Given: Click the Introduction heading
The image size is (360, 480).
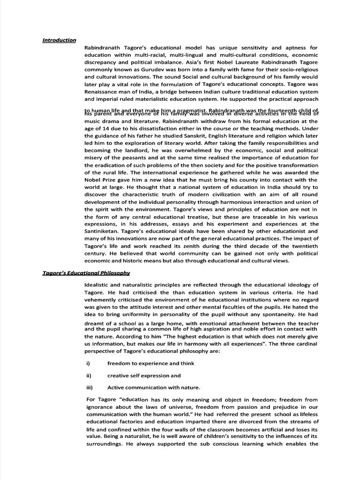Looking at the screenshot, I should click(59, 40).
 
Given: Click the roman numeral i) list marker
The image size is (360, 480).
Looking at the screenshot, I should click(87, 363).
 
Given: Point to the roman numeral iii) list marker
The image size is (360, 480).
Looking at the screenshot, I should click(88, 387).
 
